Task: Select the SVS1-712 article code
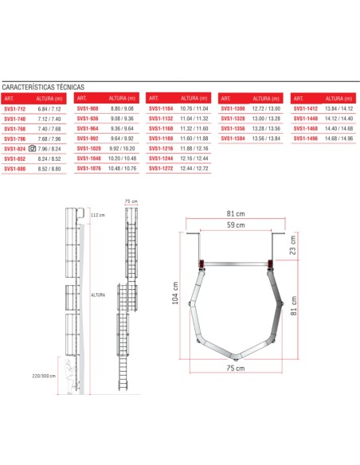15,108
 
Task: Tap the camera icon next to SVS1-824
32,148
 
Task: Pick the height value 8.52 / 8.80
49,168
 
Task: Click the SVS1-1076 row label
88,168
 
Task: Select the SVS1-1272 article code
162,168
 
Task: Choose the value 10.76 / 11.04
195,108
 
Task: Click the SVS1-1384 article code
233,139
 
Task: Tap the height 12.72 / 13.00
266,108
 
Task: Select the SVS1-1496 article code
306,139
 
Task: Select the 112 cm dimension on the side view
98,216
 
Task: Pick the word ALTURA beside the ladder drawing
98,294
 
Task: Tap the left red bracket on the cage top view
204,263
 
